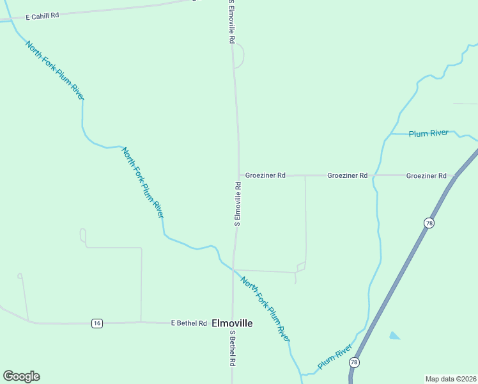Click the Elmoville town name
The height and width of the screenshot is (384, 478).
point(232,323)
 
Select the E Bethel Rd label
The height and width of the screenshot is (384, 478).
point(189,323)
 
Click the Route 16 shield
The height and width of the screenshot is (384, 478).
point(96,323)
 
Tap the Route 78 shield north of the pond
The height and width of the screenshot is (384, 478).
point(428,222)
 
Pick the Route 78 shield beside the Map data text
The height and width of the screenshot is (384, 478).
point(354,363)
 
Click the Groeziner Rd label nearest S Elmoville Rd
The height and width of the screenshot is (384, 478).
point(265,175)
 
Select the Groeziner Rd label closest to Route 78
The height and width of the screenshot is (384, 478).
point(426,175)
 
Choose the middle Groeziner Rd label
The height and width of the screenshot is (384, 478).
point(347,175)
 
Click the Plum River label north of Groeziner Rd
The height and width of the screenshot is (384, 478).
point(428,133)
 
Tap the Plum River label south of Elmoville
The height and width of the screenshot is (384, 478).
point(335,356)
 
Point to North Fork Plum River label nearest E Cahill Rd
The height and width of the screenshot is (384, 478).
point(54,70)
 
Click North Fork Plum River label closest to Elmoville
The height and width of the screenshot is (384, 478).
point(265,308)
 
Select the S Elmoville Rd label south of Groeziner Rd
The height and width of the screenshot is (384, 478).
point(237,204)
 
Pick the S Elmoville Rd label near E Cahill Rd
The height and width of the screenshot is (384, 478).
point(231,22)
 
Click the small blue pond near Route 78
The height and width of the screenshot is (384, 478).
point(394,335)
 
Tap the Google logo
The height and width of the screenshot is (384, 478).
point(21,376)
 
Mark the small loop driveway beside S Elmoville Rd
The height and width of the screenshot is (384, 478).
point(240,56)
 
